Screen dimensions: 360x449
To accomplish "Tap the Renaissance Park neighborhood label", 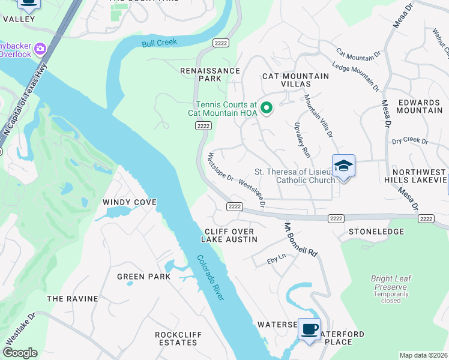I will pos(210,74).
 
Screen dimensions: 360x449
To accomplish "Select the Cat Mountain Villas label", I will pos(295,80).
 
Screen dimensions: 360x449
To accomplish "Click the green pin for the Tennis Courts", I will pos(267,109).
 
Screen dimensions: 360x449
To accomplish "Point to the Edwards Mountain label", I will pos(420,106).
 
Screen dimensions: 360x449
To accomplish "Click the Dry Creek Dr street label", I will pos(409,142).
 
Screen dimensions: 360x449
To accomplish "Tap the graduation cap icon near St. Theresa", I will pos(343,166).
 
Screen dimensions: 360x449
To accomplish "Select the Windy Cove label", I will pos(130,202).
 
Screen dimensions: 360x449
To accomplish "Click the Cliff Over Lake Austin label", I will pos(229,235).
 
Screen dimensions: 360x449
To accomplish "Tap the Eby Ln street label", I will pos(276,261).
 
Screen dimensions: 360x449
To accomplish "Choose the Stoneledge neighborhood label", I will pos(376,231).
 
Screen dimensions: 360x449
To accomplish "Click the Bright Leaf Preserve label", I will pos(390,283).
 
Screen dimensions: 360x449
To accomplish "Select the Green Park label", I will pos(143,277).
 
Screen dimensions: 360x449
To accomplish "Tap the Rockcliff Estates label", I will pos(176,338).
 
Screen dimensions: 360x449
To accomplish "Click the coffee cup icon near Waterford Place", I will pos(309,329).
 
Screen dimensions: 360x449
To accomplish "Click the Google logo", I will pos(20,353).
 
